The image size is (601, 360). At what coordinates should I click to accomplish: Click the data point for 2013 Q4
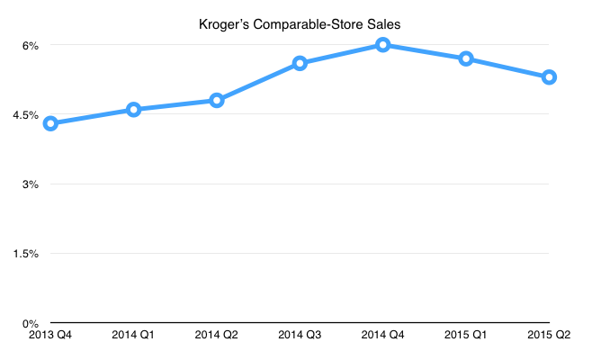[x=50, y=123]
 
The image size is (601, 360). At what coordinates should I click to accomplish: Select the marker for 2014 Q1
[x=133, y=110]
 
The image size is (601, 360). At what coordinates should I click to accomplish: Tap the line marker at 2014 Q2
[x=217, y=100]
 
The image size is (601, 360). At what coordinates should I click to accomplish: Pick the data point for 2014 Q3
[x=300, y=63]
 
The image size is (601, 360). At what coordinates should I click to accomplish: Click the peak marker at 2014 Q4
[x=383, y=44]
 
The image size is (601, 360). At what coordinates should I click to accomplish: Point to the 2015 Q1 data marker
[x=466, y=58]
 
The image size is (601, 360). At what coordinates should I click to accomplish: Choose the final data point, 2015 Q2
[x=549, y=76]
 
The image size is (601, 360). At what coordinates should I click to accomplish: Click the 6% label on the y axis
[x=29, y=45]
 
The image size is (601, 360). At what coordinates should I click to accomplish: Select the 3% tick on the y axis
[x=29, y=184]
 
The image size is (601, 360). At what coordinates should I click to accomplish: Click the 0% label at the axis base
[x=29, y=323]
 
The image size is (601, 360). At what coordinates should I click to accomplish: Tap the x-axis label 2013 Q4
[x=50, y=336]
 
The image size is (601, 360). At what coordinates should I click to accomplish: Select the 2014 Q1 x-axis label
[x=133, y=336]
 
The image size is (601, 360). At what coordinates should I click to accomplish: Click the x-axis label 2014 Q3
[x=300, y=336]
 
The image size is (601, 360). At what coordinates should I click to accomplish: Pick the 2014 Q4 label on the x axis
[x=383, y=336]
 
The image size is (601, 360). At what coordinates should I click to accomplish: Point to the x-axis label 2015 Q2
[x=550, y=336]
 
